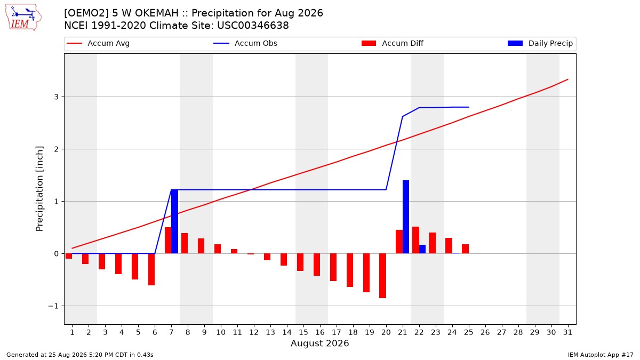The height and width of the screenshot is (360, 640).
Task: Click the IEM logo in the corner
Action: [x=23, y=18]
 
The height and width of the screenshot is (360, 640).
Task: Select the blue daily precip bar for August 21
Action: [x=406, y=217]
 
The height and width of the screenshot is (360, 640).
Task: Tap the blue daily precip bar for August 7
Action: [x=174, y=221]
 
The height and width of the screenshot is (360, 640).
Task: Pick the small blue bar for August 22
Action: [x=422, y=249]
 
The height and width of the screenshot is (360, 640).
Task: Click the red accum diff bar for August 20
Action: [x=382, y=276]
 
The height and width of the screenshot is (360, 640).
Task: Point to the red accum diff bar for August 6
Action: [x=151, y=269]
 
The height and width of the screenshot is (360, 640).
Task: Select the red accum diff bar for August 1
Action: [x=69, y=256]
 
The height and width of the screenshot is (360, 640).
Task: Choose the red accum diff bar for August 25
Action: [x=465, y=249]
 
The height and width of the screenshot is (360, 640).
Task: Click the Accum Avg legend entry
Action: [x=98, y=43]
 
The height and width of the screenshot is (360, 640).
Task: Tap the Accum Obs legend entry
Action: [x=245, y=43]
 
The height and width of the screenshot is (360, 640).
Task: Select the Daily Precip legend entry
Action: [x=540, y=43]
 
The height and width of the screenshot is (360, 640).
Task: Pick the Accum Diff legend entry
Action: [x=393, y=43]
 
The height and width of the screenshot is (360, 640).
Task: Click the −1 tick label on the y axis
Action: [x=53, y=306]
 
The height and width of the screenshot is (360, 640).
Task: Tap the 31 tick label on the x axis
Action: [x=567, y=332]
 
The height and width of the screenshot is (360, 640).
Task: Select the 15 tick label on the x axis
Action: [x=303, y=332]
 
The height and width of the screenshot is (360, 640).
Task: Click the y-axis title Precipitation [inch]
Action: [x=39, y=189]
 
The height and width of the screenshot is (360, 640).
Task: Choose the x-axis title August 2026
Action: [x=319, y=343]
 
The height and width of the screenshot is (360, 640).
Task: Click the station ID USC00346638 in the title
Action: [x=253, y=26]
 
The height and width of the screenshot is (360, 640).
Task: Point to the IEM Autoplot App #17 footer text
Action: [x=601, y=355]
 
